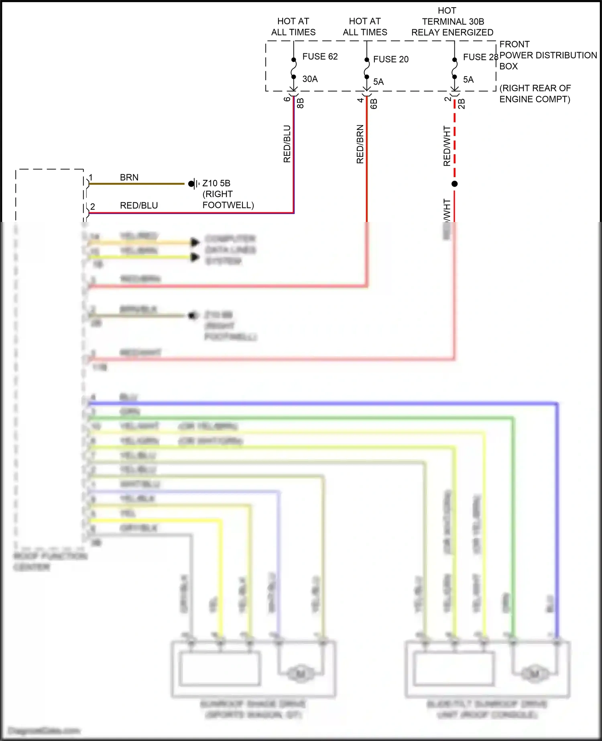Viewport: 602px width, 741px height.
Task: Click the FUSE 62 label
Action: pos(320,57)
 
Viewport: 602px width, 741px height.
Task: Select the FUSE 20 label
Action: pos(390,59)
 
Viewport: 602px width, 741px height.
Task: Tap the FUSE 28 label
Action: pos(480,57)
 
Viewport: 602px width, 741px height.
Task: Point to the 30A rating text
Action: pos(310,79)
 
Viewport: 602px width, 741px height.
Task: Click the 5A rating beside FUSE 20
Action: pos(378,82)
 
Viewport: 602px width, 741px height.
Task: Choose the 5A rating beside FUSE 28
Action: pos(468,79)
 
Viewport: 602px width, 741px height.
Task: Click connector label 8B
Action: pos(300,103)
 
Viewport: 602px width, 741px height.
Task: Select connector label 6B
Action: pos(374,104)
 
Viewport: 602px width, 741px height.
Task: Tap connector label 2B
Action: pos(462,104)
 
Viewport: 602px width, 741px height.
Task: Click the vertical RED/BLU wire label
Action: pos(287,144)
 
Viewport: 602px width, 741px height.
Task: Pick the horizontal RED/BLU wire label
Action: pos(139,206)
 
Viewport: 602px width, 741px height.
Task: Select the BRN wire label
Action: pos(129,177)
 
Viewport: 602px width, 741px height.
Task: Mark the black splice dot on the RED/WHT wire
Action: pos(454,184)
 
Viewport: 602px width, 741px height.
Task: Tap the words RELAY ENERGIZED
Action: pos(452,33)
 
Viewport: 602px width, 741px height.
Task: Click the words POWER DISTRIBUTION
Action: pos(548,55)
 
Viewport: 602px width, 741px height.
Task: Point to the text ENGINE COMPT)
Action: pos(535,99)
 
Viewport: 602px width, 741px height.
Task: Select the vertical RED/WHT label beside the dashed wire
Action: pos(447,146)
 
